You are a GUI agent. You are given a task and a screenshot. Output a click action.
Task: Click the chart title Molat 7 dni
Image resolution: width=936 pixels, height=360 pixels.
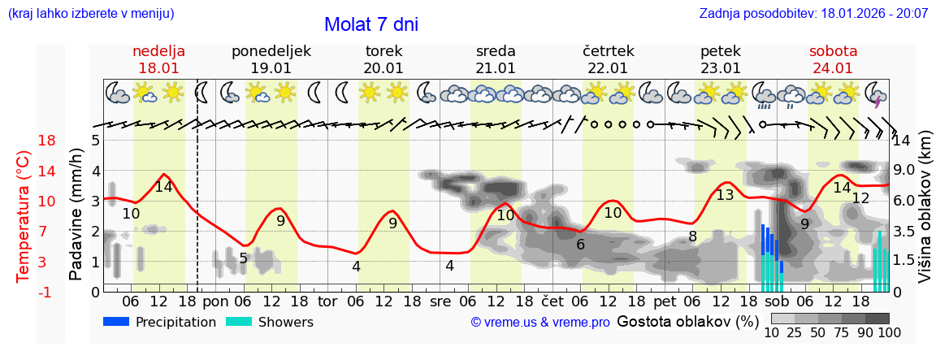tap(370, 24)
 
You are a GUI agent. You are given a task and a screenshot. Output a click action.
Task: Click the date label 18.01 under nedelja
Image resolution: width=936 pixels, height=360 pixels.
tap(158, 68)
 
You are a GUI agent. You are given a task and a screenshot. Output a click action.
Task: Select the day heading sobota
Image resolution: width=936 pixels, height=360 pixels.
tap(833, 51)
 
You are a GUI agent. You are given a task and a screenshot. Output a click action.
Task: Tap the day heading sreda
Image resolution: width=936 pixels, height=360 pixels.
tap(496, 51)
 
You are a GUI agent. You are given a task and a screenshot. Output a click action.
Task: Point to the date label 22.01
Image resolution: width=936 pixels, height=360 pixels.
tap(608, 68)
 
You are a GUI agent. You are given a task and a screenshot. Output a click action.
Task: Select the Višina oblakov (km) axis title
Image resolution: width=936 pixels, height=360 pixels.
tap(925, 215)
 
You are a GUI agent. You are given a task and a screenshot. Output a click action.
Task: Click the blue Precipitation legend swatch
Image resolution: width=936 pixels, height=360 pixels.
tap(117, 322)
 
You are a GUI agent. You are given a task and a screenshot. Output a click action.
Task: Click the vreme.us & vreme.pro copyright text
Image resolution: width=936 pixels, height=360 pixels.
tap(540, 323)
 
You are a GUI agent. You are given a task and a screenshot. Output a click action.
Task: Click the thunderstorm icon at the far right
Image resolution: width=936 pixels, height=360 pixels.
tap(875, 93)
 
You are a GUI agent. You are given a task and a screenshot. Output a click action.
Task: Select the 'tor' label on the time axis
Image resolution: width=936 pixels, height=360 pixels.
tap(327, 301)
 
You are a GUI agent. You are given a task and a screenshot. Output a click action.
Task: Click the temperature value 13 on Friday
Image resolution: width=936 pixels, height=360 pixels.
tap(725, 195)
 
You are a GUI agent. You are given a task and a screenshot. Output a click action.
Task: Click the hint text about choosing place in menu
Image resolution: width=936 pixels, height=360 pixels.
tap(90, 14)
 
